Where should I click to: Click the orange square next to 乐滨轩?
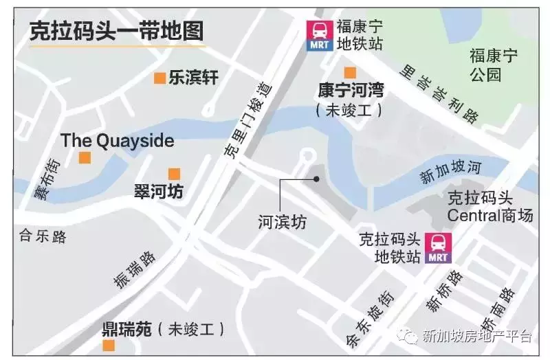159,78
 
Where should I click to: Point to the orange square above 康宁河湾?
350,73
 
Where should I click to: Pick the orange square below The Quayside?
85,158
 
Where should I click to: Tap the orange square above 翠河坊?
174,175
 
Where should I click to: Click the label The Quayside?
117,141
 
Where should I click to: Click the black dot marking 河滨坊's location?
316,179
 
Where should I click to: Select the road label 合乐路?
43,237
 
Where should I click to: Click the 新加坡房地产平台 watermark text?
477,336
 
